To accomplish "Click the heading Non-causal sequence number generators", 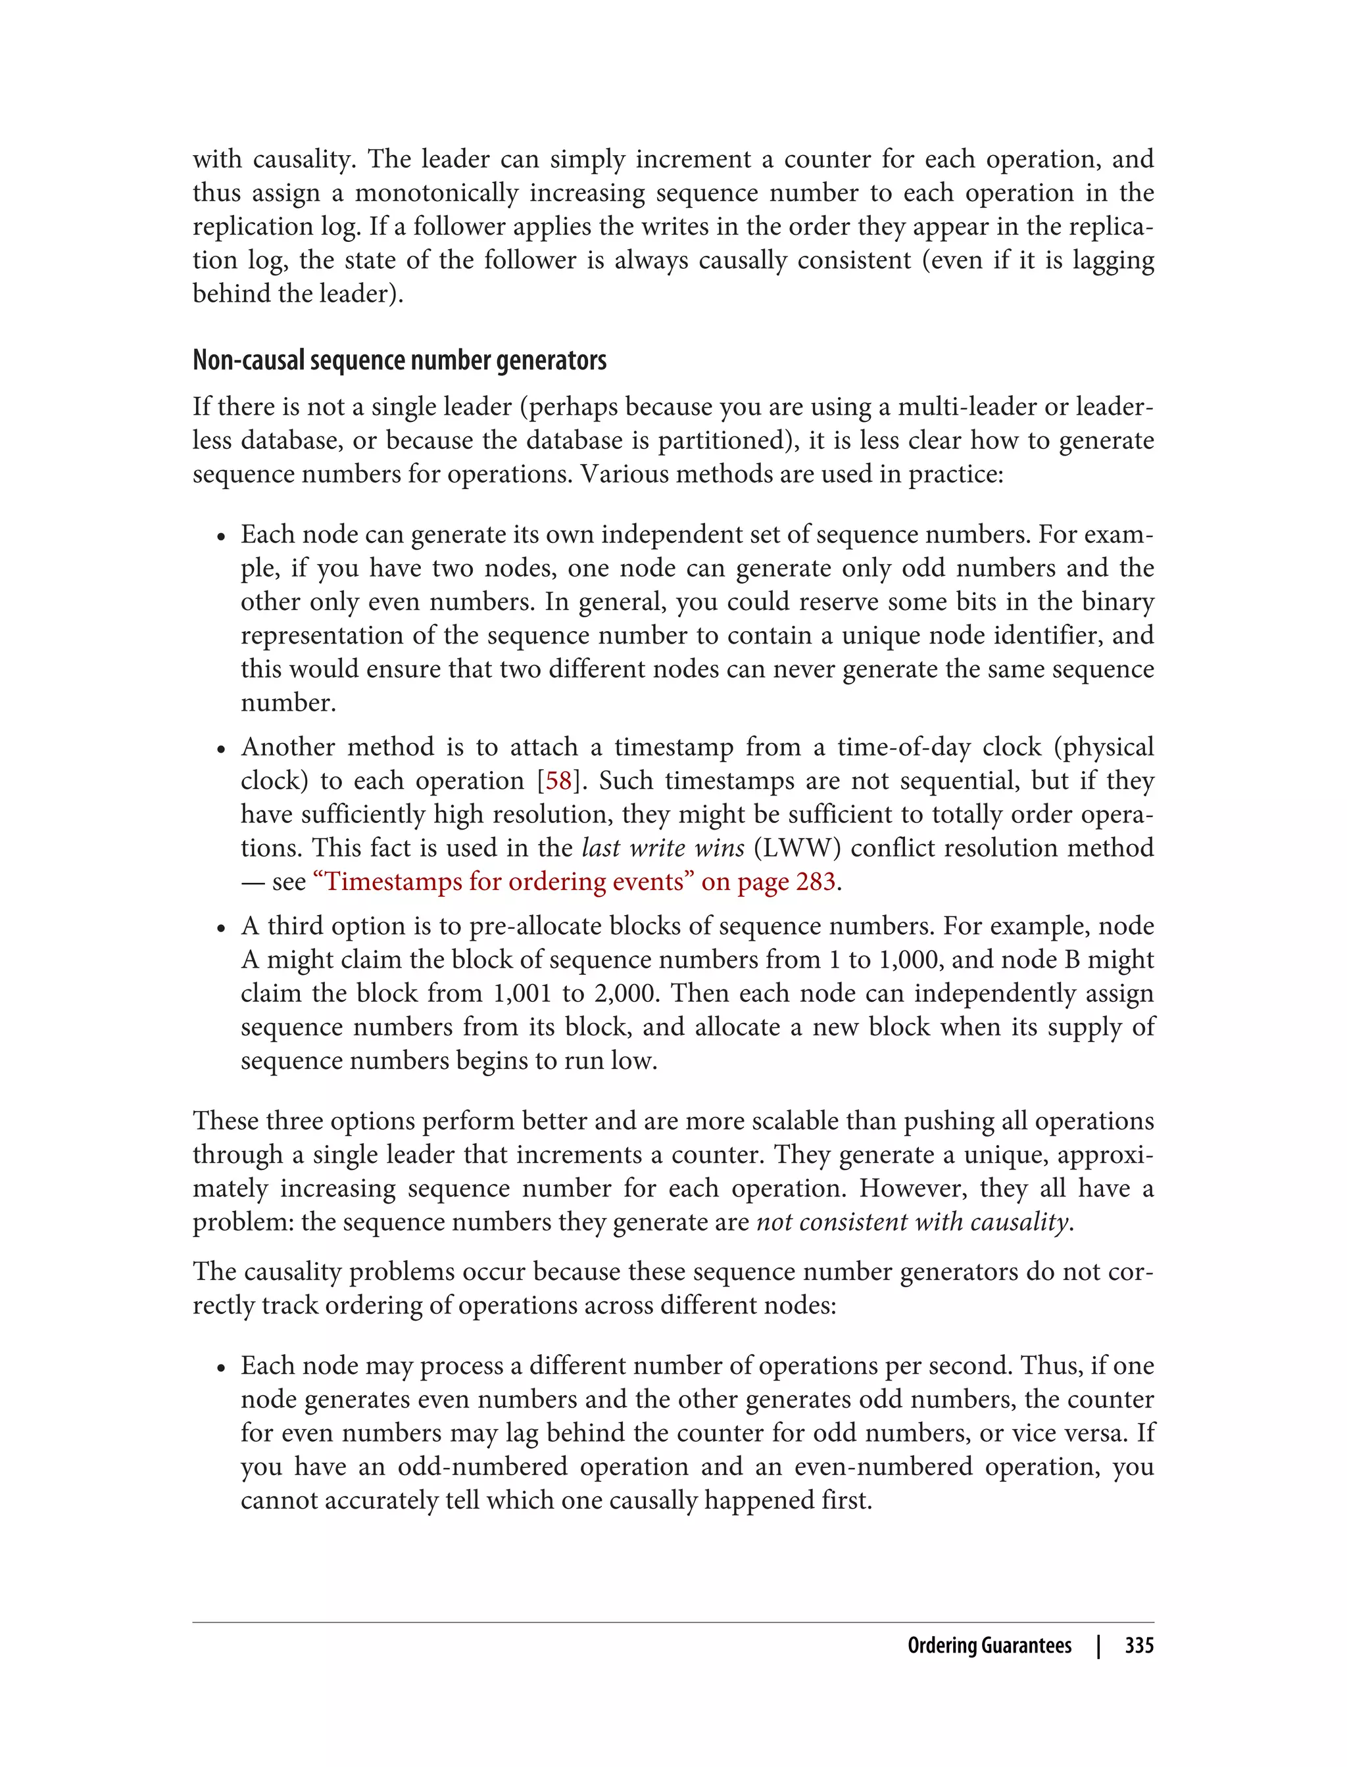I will (399, 361).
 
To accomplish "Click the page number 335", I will (1139, 1646).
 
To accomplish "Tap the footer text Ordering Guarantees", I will (989, 1646).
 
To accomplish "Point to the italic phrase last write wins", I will (663, 848).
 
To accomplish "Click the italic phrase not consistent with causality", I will (913, 1222).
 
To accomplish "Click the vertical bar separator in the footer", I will (1098, 1646).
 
